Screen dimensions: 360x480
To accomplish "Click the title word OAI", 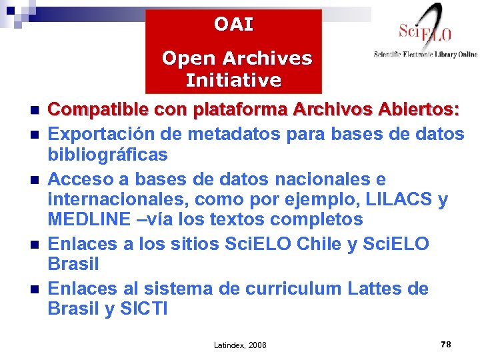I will coord(233,25).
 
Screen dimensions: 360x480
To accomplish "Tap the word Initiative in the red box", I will coord(233,81).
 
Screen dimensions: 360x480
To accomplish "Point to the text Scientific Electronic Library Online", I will coord(425,55).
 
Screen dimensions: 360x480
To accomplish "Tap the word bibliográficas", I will coord(107,155).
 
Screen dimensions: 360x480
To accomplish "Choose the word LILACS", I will coord(397,200).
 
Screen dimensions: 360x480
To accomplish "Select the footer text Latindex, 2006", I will coord(240,345).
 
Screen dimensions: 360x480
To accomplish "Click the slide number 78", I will coord(446,344).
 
